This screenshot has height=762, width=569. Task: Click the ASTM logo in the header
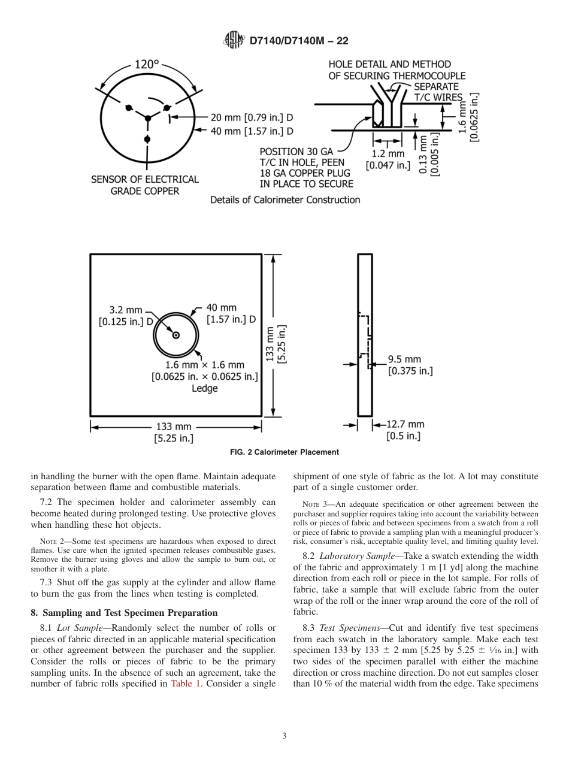click(234, 40)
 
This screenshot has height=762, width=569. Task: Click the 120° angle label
click(147, 64)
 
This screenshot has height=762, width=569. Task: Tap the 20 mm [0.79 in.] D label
click(252, 117)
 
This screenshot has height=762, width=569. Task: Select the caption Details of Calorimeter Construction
click(285, 199)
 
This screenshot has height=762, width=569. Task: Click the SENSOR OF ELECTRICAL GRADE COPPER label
click(144, 185)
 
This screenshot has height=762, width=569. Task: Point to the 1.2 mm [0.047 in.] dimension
click(388, 159)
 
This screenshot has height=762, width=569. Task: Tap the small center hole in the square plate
click(176, 335)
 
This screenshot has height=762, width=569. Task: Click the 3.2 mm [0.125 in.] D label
click(126, 315)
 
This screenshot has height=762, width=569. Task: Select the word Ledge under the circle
click(204, 388)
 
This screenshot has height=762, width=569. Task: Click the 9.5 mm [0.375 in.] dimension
click(410, 365)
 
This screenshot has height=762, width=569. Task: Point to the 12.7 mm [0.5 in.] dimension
click(404, 430)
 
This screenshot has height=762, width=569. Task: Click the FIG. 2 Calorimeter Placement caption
click(284, 452)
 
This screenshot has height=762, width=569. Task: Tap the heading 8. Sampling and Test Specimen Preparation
click(124, 612)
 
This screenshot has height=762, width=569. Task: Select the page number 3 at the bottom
click(284, 736)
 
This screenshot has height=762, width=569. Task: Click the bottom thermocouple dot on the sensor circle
click(147, 139)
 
